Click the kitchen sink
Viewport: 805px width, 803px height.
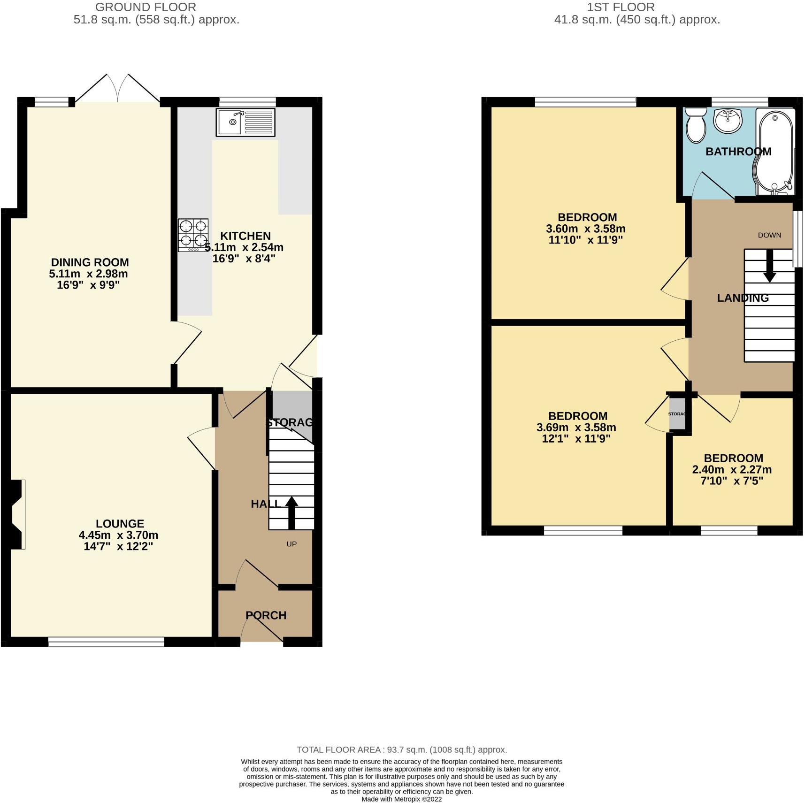[x=245, y=122]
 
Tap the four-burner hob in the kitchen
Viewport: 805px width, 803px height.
[x=193, y=236]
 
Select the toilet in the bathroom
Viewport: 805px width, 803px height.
[x=696, y=125]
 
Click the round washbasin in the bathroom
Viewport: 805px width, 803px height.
[x=728, y=121]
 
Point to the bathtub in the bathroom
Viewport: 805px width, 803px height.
[x=774, y=153]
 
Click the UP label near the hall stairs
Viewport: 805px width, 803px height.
[x=291, y=544]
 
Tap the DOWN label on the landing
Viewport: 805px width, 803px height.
[x=769, y=235]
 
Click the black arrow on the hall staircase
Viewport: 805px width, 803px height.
[x=291, y=513]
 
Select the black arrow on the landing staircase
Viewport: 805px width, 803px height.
[x=770, y=266]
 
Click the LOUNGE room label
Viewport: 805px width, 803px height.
[x=120, y=524]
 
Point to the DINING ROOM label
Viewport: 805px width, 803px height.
[x=90, y=262]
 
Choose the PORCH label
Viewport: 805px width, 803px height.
[x=266, y=615]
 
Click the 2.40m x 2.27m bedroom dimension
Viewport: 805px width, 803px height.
[x=732, y=470]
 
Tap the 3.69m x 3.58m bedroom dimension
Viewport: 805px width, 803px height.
[x=576, y=428]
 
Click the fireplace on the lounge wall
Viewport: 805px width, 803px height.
[x=15, y=514]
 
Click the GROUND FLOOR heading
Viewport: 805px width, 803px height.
[x=146, y=7]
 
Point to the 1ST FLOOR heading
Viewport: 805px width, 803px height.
[x=621, y=7]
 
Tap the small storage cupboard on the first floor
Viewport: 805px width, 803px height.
[x=677, y=414]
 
